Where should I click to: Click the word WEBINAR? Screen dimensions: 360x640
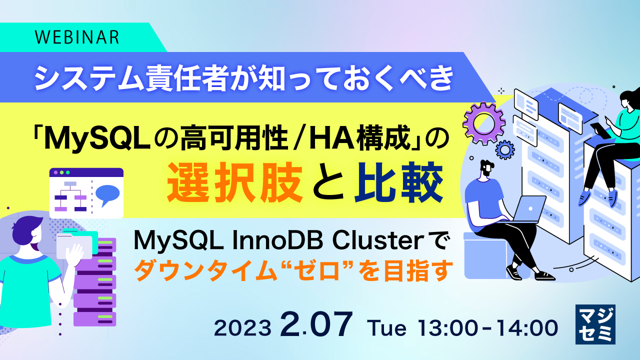click(77, 37)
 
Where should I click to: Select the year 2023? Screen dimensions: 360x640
click(243, 328)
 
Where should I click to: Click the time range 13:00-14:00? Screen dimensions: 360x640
click(487, 328)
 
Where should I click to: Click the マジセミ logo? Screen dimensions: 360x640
click(595, 324)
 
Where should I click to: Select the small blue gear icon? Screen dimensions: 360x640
click(505, 149)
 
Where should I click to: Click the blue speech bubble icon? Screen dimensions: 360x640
click(107, 195)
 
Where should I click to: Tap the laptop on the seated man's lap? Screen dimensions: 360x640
click(529, 209)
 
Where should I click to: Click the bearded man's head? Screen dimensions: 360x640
click(486, 170)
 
